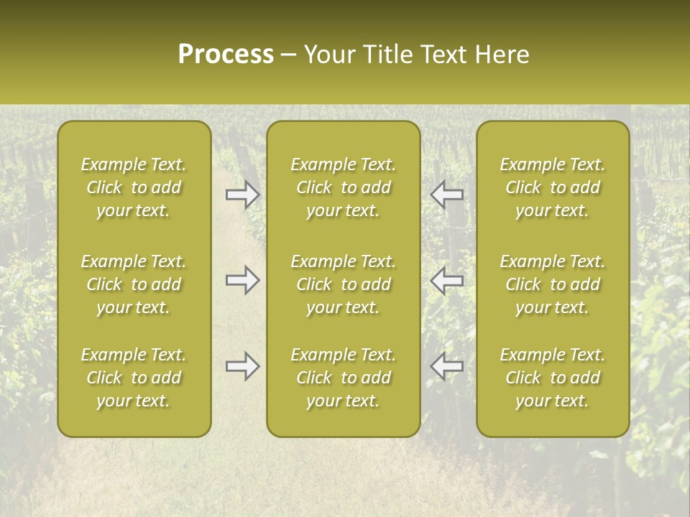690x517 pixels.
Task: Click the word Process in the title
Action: [226, 55]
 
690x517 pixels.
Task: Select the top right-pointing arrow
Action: [243, 194]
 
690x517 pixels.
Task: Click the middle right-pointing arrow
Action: [243, 280]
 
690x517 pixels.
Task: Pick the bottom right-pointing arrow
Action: [243, 366]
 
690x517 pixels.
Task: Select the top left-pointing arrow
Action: [446, 194]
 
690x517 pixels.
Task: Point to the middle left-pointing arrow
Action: [446, 280]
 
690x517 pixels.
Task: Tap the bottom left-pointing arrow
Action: [446, 366]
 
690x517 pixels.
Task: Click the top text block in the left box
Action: [134, 187]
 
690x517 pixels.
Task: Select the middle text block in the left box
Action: [134, 284]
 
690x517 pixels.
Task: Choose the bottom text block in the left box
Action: [134, 378]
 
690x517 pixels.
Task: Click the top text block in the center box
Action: [344, 187]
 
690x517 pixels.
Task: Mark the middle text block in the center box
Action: [344, 284]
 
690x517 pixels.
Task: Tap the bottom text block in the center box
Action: [344, 378]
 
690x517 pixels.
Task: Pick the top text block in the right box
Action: [553, 187]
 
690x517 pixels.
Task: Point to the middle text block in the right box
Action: [553, 284]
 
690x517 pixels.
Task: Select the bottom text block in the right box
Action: [553, 378]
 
